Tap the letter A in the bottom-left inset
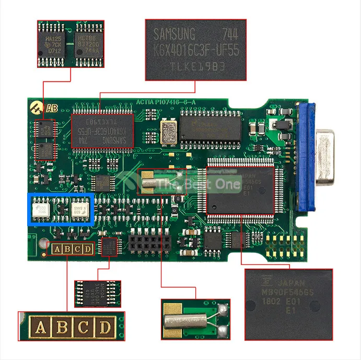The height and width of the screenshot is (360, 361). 40,328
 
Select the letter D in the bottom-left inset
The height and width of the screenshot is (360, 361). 105,328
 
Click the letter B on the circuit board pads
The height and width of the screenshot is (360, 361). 65,249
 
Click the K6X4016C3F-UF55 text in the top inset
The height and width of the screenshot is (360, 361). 195,50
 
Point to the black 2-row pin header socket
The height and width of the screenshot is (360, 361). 150,241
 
